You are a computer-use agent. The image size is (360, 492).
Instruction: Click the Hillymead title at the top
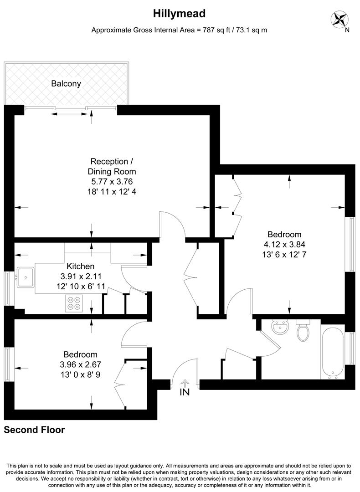179,14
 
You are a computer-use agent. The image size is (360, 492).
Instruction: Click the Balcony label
66,83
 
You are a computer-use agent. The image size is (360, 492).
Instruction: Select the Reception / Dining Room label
112,166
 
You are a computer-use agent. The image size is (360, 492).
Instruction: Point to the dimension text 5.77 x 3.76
112,182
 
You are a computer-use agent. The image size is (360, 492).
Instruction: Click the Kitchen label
81,266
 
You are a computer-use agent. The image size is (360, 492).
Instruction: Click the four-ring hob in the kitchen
74,303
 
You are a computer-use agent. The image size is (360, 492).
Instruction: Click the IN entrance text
185,392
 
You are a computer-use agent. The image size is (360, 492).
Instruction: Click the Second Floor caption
35,430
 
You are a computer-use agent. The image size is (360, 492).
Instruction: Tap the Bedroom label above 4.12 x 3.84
284,234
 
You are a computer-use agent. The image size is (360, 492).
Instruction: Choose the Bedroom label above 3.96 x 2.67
80,354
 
